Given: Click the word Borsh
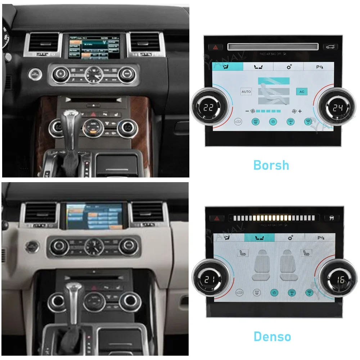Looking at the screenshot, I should pyautogui.click(x=271, y=165).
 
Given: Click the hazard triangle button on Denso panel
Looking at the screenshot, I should pyautogui.click(x=217, y=218).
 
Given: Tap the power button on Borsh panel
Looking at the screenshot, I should pyautogui.click(x=273, y=122).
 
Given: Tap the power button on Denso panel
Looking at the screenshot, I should pyautogui.click(x=274, y=293).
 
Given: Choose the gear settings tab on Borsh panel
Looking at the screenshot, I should pyautogui.click(x=289, y=66).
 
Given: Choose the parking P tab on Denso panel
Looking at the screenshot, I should pyautogui.click(x=320, y=238).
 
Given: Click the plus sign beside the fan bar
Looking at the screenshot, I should pyautogui.click(x=300, y=111).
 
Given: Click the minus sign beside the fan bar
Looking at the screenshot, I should pyautogui.click(x=247, y=111).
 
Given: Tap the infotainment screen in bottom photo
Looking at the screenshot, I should pyautogui.click(x=94, y=216).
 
